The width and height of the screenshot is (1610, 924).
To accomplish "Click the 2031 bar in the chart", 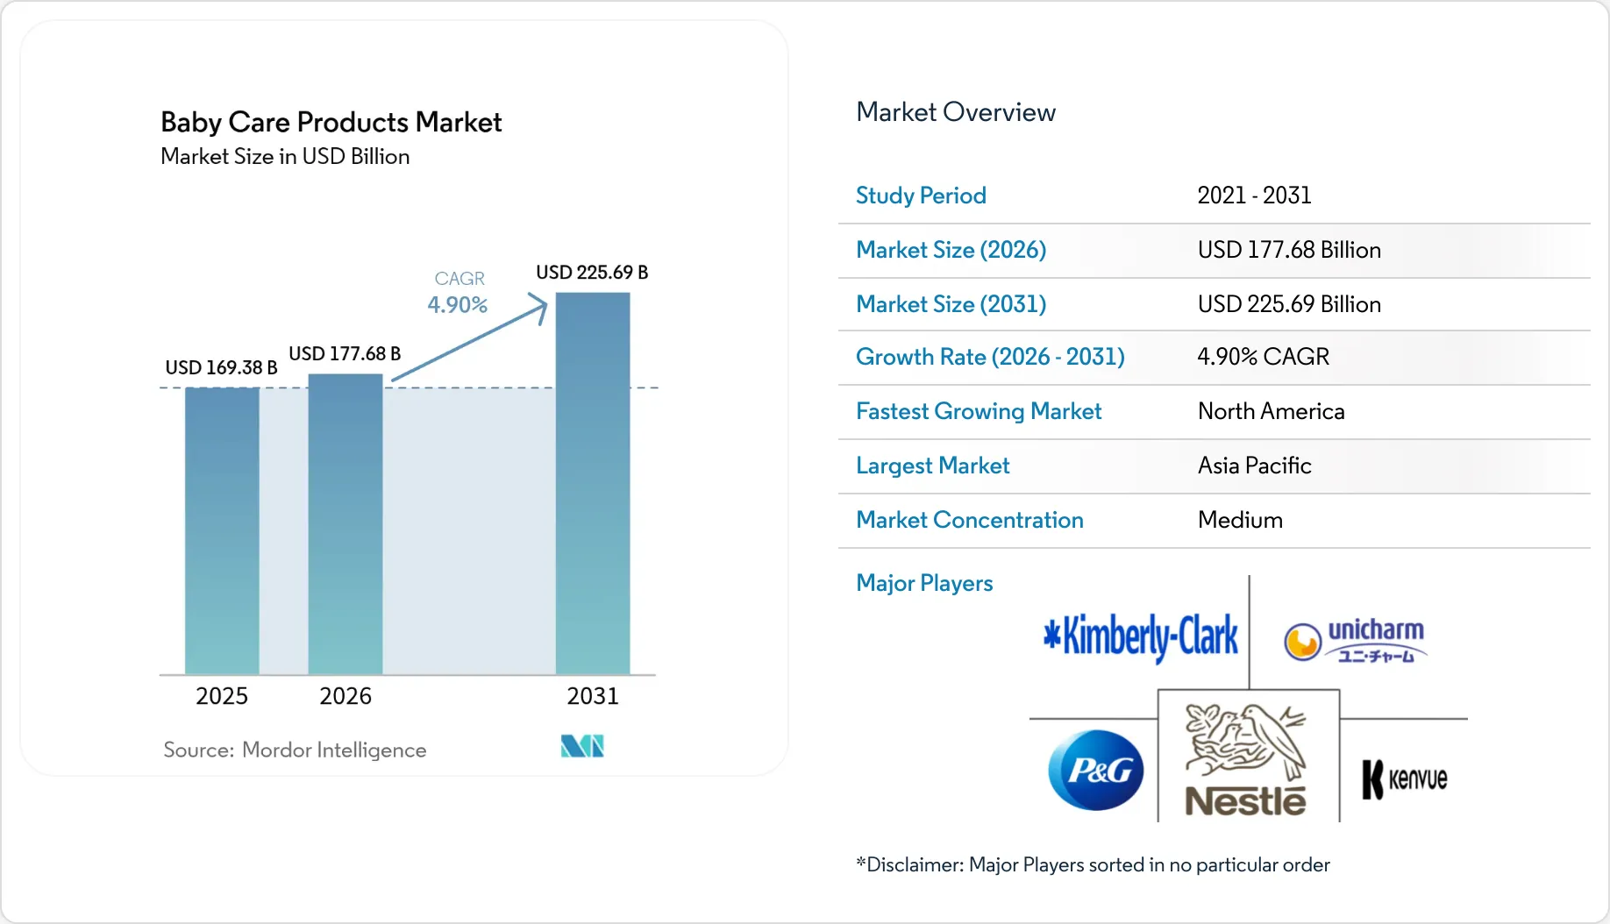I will pyautogui.click(x=593, y=482).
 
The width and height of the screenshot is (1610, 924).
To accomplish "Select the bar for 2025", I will pyautogui.click(x=222, y=530).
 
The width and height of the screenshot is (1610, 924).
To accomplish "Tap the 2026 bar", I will pyautogui.click(x=346, y=523).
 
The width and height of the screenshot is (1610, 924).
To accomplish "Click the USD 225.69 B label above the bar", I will pyautogui.click(x=592, y=273).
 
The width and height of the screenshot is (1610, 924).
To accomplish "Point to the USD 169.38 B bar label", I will pyautogui.click(x=221, y=367).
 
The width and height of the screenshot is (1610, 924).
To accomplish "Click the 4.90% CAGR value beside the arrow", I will pyautogui.click(x=457, y=305).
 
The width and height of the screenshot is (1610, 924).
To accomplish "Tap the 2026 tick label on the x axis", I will pyautogui.click(x=346, y=696).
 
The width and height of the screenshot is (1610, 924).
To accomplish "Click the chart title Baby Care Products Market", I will pyautogui.click(x=331, y=122).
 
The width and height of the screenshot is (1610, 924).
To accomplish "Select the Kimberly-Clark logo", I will pyautogui.click(x=1141, y=636).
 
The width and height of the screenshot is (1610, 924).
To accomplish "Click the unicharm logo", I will pyautogui.click(x=1356, y=641).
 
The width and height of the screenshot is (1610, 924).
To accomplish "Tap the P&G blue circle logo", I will pyautogui.click(x=1096, y=771).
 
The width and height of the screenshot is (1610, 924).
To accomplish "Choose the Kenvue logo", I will pyautogui.click(x=1404, y=778).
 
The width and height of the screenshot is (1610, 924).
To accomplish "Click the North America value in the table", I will pyautogui.click(x=1271, y=411).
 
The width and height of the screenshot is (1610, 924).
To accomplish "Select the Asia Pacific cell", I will pyautogui.click(x=1254, y=466).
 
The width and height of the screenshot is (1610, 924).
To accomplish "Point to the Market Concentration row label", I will pyautogui.click(x=969, y=520).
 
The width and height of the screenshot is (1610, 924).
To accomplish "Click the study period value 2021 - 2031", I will pyautogui.click(x=1254, y=195).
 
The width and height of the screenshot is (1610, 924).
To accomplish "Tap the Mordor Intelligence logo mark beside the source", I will pyautogui.click(x=582, y=746).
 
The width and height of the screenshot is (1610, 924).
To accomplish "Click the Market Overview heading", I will pyautogui.click(x=955, y=112).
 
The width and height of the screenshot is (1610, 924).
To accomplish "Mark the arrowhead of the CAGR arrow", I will pyautogui.click(x=541, y=305).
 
